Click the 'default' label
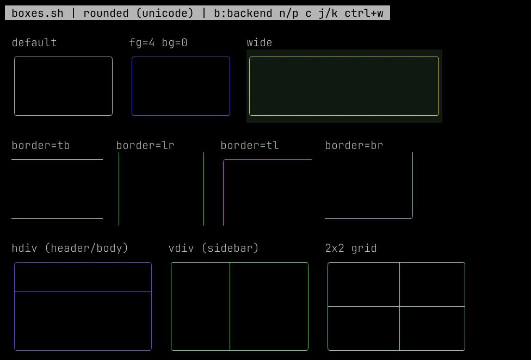click(34, 42)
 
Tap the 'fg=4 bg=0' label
click(158, 42)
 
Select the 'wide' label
click(260, 42)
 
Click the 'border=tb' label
click(41, 145)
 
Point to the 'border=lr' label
click(145, 145)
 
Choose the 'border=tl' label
click(250, 145)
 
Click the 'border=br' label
click(354, 145)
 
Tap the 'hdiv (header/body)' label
click(70, 248)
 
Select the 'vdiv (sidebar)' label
click(214, 248)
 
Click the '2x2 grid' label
click(351, 248)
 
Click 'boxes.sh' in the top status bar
click(38, 13)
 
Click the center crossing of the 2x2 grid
click(399, 307)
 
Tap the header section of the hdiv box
click(83, 277)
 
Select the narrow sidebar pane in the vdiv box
click(200, 307)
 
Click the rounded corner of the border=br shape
click(411, 217)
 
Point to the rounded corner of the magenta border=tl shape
click(224, 160)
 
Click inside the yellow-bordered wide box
click(344, 86)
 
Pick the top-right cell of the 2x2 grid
click(432, 284)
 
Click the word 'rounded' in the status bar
click(106, 13)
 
